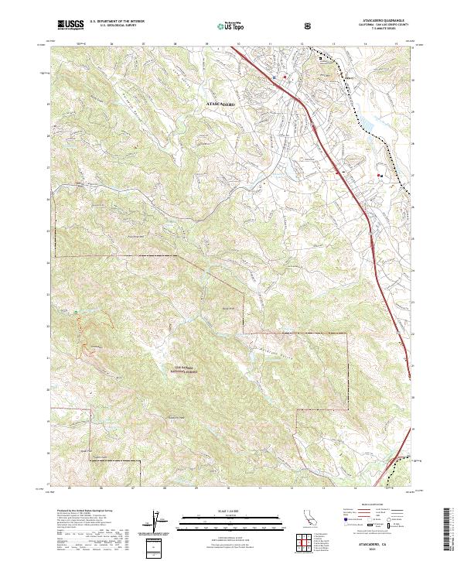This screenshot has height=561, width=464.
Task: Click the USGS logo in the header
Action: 70,26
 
